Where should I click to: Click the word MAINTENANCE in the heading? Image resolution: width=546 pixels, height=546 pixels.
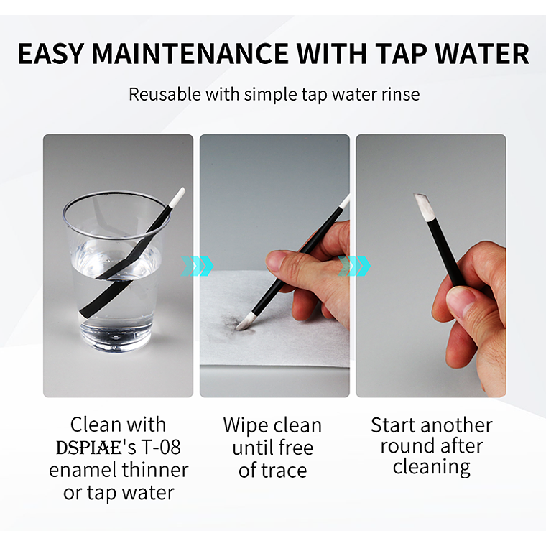tap(190, 54)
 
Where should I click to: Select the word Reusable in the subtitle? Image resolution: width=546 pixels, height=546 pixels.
tap(165, 94)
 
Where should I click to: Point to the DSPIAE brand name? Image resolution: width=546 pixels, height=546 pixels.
tap(89, 448)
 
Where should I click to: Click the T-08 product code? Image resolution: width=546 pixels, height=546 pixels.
tap(160, 448)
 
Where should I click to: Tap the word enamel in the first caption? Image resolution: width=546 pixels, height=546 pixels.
tap(80, 470)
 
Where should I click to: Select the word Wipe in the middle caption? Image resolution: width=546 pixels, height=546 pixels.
tap(244, 426)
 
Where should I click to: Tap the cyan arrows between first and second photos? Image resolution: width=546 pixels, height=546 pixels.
tap(197, 266)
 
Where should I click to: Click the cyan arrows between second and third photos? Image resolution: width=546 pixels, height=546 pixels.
tap(353, 266)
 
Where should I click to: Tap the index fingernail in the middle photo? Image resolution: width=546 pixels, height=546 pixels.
tap(276, 262)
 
